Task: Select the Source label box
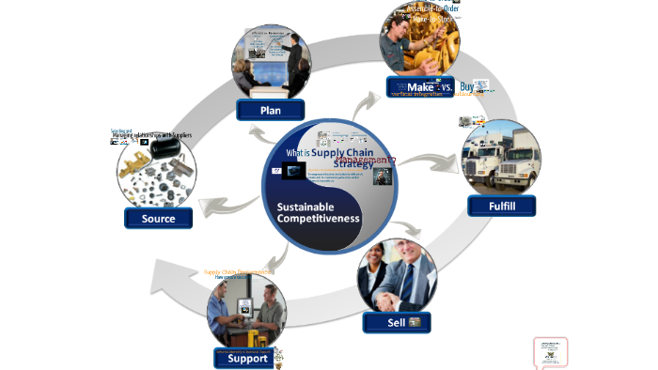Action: (158, 219)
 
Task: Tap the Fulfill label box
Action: (501, 205)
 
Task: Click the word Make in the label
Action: (419, 86)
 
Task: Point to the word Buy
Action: (467, 86)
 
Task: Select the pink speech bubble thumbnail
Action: (550, 352)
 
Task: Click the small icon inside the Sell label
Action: (415, 322)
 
